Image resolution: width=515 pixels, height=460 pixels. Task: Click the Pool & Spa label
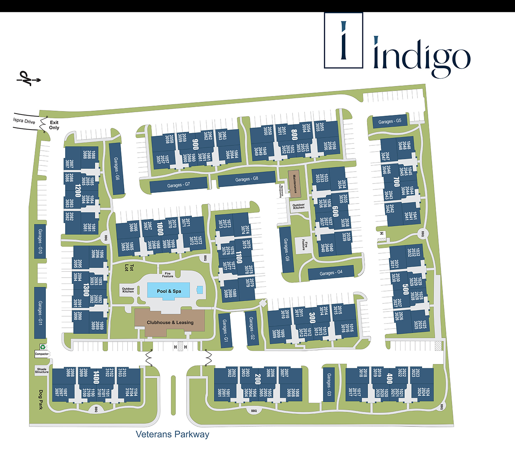coord(169,291)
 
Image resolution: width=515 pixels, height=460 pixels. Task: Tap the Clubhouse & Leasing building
coord(170,322)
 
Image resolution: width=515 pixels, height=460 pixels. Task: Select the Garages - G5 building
coord(390,121)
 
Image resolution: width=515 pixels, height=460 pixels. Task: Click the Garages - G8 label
coord(247,179)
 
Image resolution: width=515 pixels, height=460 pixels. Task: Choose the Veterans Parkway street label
coord(172,434)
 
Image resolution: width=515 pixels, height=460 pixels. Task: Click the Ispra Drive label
coord(24,121)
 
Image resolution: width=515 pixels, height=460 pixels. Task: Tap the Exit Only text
coord(54,125)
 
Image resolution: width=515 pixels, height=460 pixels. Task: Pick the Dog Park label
coord(41,399)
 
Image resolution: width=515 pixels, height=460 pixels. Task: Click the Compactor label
coord(42,354)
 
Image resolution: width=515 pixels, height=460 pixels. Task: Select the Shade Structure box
coord(42,371)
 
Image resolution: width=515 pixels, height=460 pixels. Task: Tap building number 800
coord(294,134)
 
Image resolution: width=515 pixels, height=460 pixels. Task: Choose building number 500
coord(405,289)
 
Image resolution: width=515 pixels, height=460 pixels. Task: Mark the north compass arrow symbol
coord(28,78)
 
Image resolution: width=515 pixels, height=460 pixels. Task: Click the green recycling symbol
coord(43,347)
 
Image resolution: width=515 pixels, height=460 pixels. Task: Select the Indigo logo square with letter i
coord(343,40)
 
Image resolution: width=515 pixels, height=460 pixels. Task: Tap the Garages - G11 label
coord(40,313)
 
